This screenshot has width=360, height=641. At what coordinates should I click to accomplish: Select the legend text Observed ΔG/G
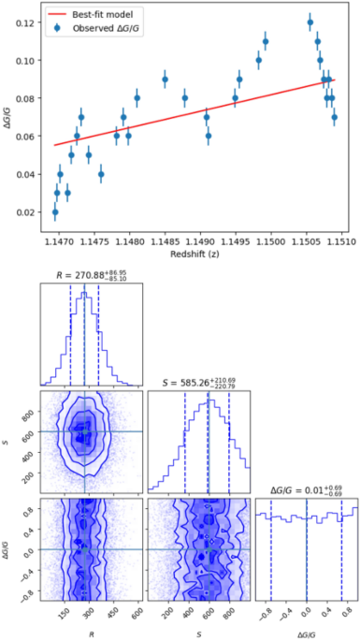108,28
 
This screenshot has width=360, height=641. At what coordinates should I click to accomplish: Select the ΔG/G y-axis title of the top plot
7,118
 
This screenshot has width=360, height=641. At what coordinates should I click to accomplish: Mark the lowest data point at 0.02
55,212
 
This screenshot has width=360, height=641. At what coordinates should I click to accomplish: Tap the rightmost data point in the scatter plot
334,117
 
